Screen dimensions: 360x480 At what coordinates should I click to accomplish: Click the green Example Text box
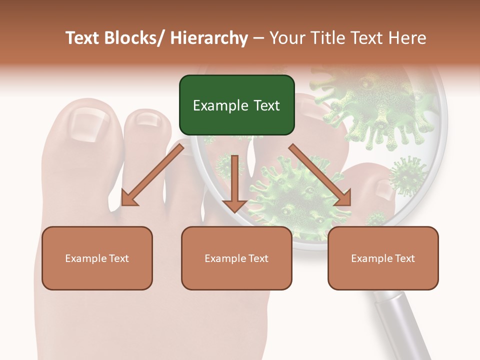point(236,105)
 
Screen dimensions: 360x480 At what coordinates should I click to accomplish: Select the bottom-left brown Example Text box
point(97,258)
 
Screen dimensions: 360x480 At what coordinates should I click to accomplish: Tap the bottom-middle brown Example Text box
point(236,258)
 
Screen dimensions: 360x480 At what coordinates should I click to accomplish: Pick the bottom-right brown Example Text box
point(383,258)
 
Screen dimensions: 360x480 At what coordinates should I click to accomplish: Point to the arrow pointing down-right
point(320,175)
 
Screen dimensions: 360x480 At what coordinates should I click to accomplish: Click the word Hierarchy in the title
point(209,38)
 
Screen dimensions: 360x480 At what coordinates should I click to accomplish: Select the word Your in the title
point(286,38)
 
